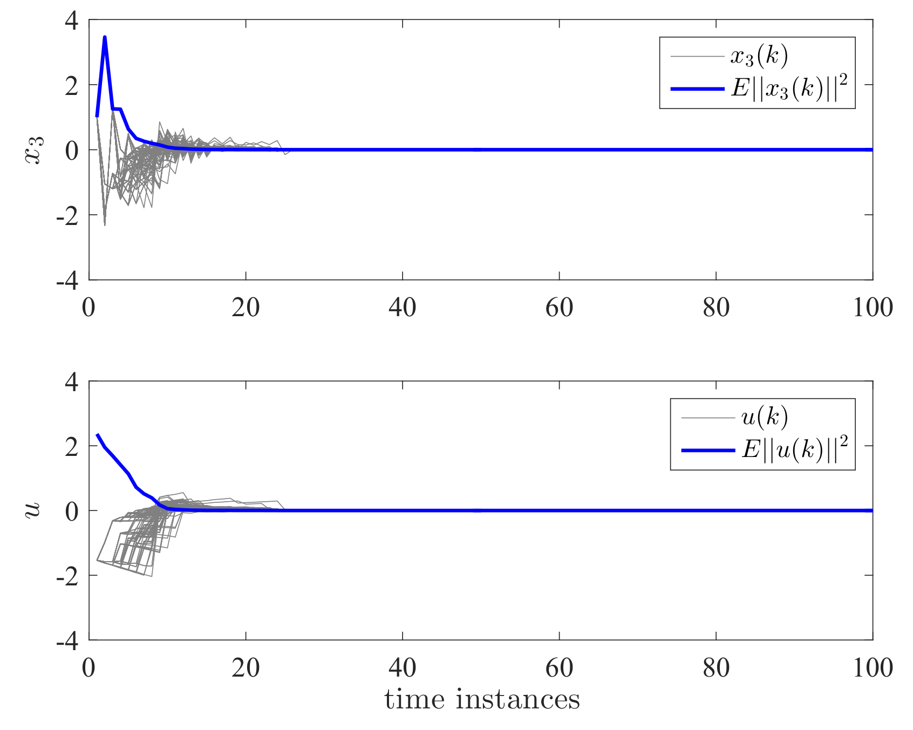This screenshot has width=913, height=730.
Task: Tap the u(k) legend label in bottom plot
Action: pos(765,417)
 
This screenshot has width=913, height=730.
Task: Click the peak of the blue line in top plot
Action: pos(105,37)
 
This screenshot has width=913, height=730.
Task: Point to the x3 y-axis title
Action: pos(34,150)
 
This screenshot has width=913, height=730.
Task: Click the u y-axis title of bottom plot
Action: pos(33,509)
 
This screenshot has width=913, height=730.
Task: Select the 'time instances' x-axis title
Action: pos(482,700)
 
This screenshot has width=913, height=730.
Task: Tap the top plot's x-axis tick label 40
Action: pos(403,308)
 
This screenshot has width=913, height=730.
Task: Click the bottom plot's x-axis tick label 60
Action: pos(559,668)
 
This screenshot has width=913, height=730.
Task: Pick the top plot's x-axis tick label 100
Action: pos(873,308)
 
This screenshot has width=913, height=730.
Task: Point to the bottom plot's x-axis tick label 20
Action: pos(246,668)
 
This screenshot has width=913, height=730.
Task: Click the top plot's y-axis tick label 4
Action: pos(71,22)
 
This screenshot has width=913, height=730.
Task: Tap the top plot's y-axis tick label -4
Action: pos(67,281)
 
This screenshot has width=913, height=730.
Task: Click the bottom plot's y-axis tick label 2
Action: pos(71,447)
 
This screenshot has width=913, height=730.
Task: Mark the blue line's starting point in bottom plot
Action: pos(97,434)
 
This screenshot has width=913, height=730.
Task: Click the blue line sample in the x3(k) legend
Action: pos(697,88)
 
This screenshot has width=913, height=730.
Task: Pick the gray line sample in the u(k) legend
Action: pos(707,417)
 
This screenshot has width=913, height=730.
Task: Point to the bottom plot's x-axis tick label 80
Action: pos(716,668)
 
